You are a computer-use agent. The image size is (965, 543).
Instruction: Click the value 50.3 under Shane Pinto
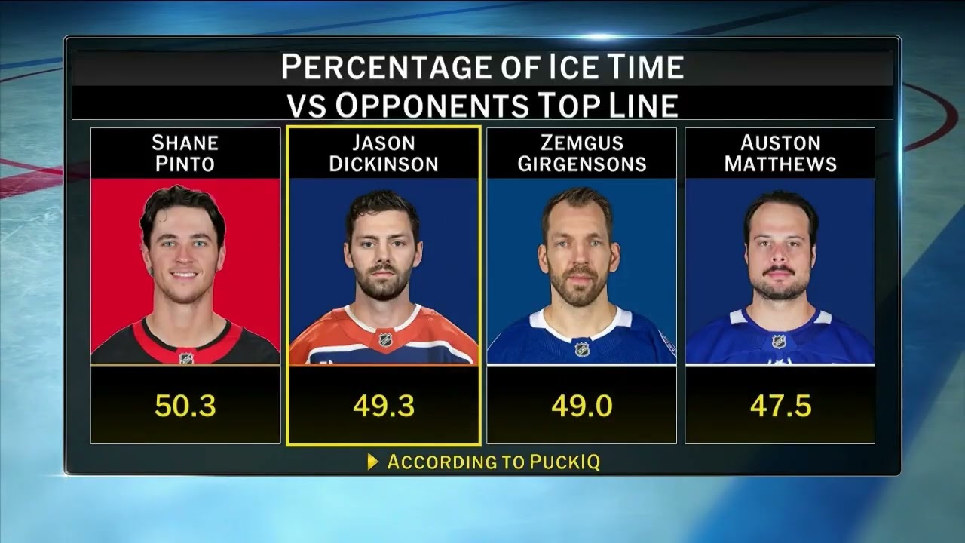pyautogui.click(x=185, y=406)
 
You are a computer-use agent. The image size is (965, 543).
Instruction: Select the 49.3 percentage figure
pyautogui.click(x=384, y=406)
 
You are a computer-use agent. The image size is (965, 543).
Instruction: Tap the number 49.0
pyautogui.click(x=581, y=406)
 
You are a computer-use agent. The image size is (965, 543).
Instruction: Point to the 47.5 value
pyautogui.click(x=780, y=406)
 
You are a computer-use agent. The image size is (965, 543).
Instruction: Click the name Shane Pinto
pyautogui.click(x=185, y=153)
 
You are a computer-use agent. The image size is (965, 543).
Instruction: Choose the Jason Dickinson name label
pyautogui.click(x=384, y=153)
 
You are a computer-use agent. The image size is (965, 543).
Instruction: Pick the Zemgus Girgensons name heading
pyautogui.click(x=582, y=153)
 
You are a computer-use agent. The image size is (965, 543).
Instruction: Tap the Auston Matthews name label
pyautogui.click(x=780, y=153)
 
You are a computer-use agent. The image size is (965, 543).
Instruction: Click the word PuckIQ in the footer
pyautogui.click(x=565, y=462)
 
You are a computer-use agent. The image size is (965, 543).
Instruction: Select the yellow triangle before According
pyautogui.click(x=372, y=462)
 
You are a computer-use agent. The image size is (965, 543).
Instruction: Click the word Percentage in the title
pyautogui.click(x=386, y=67)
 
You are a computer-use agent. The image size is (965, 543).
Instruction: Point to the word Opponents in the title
pyautogui.click(x=432, y=105)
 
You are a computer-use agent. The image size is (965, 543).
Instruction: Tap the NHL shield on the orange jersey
pyautogui.click(x=384, y=339)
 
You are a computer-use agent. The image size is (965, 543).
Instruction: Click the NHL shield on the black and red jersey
pyautogui.click(x=186, y=358)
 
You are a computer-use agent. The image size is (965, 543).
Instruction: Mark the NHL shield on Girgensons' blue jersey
pyautogui.click(x=581, y=348)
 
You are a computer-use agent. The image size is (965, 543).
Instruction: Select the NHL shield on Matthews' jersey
pyautogui.click(x=779, y=342)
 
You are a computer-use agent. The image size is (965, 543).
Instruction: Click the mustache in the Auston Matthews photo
pyautogui.click(x=779, y=271)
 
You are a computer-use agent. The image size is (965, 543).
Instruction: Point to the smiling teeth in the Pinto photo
pyautogui.click(x=185, y=275)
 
